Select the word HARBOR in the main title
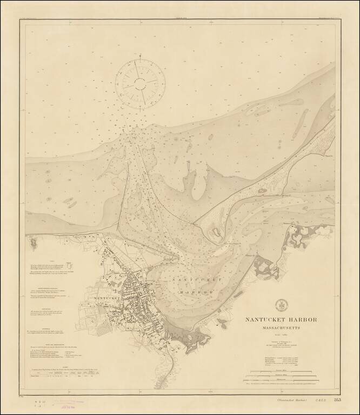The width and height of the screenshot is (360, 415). click(x=302, y=319)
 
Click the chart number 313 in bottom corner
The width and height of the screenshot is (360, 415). click(x=337, y=400)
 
